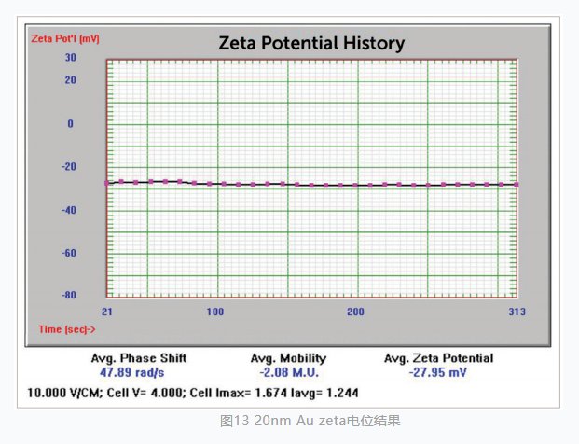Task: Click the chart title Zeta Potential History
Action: (310, 43)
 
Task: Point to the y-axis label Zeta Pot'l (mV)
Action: (64, 39)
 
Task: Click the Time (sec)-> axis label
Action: (67, 328)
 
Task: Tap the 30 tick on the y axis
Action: (70, 57)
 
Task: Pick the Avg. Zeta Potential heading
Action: (438, 358)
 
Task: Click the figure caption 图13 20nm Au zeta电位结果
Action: (310, 421)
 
